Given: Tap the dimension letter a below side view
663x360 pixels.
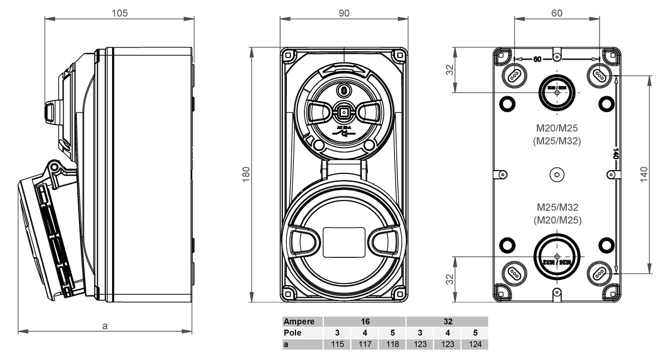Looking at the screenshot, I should (x=105, y=326).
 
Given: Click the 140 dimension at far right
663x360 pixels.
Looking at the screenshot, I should (x=644, y=174).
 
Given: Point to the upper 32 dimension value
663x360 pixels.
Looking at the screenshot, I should (x=450, y=70).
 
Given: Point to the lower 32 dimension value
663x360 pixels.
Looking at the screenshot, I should (x=450, y=280).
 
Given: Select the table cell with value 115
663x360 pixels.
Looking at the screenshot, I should (x=337, y=344).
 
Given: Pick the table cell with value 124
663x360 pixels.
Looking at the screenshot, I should (x=475, y=344).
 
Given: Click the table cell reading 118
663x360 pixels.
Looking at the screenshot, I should (x=392, y=344).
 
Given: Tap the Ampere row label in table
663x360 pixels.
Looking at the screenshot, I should (x=299, y=321).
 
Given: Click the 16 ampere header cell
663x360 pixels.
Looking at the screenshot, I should (x=365, y=321).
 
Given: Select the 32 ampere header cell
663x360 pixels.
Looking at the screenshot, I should (x=448, y=321).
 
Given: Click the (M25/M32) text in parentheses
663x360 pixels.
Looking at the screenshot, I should (x=557, y=141).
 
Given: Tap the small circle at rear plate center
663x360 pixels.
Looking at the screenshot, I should (x=557, y=174).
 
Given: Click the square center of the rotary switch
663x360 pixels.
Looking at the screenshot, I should (x=344, y=113).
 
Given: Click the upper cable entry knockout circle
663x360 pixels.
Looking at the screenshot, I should (x=557, y=92).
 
